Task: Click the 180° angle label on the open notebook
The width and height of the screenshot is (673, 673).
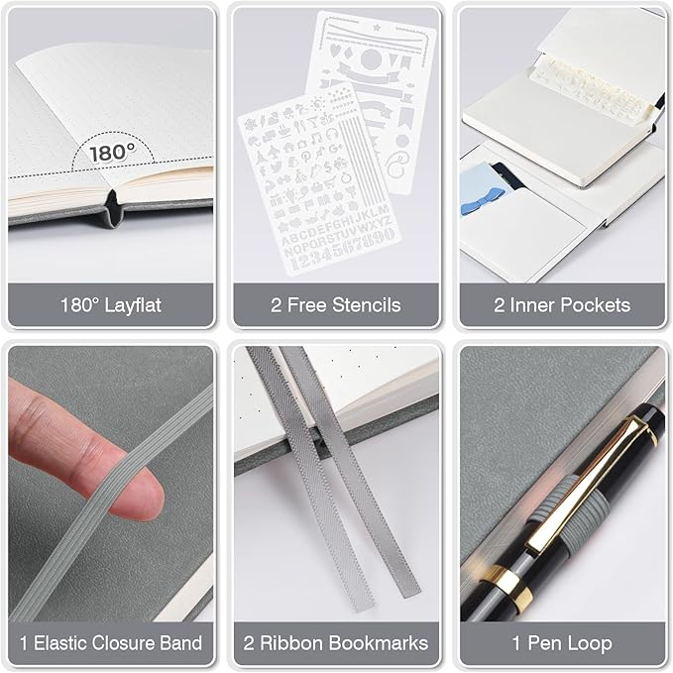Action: point(113,152)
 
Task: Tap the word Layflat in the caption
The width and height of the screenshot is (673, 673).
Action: point(133,306)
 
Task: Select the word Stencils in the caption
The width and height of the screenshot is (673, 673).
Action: point(366,305)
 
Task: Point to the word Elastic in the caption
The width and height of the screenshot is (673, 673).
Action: point(60,643)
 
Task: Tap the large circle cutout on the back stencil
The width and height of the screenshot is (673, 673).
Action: point(371,58)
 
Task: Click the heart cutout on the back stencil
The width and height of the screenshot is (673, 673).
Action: point(335,52)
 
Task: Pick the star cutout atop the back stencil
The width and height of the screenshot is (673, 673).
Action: point(377,28)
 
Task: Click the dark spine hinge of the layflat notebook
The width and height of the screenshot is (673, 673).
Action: point(113,209)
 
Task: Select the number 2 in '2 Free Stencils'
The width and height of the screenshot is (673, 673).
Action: point(277,305)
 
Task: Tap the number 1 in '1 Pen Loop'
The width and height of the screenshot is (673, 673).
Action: point(516,643)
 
